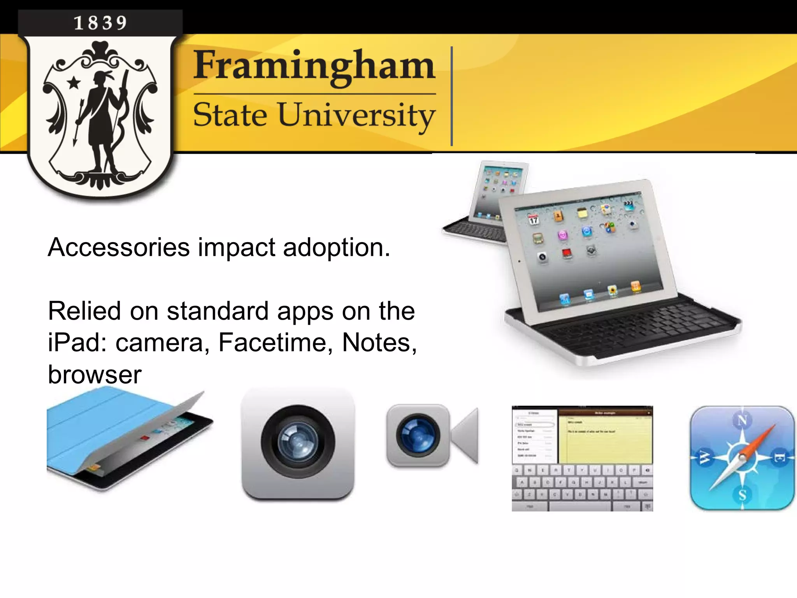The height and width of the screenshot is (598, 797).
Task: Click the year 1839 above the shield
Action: point(100,23)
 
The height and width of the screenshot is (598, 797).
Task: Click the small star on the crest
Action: point(74,83)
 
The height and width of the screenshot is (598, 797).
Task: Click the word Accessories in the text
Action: point(119,248)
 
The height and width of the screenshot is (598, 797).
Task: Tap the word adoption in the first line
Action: point(336,248)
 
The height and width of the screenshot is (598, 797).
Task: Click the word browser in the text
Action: point(95,375)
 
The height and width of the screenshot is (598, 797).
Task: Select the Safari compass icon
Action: point(742,458)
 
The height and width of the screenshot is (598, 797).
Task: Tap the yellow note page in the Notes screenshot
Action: point(605,440)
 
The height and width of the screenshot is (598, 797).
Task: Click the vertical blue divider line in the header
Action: point(452,96)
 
